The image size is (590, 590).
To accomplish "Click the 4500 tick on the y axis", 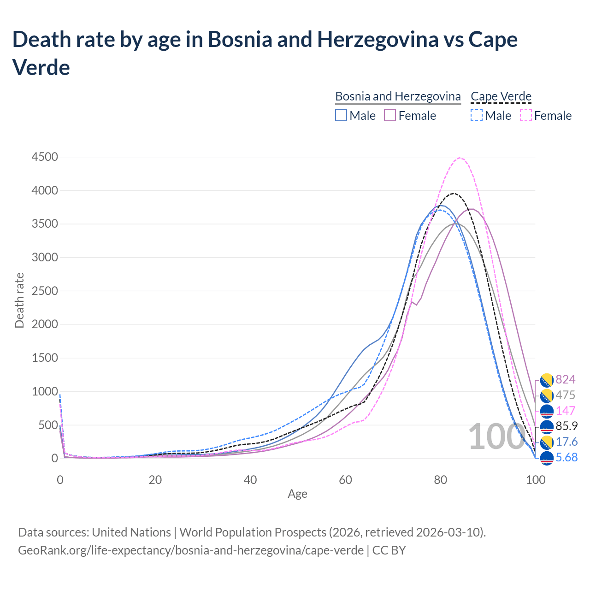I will tap(45, 157).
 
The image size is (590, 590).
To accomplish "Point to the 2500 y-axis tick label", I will tap(45, 291).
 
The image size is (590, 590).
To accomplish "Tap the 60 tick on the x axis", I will tap(345, 480).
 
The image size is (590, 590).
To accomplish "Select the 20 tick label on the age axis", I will tap(155, 480).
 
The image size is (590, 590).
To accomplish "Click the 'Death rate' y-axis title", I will tap(19, 301).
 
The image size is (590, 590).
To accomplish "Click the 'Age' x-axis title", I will tap(297, 494).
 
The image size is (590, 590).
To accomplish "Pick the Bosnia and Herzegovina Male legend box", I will tap(341, 115).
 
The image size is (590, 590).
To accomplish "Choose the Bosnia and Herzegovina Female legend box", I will tap(390, 115).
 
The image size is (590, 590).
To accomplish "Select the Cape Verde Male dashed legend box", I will tap(477, 115).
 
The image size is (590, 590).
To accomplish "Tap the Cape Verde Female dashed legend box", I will tap(526, 115).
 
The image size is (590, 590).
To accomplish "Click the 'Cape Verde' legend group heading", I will tap(501, 96).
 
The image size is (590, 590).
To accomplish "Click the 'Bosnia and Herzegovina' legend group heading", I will tap(398, 96).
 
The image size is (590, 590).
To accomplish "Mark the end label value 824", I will tap(566, 379).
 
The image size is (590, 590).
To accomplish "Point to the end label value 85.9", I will tap(566, 426).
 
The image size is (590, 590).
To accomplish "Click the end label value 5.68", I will tap(566, 457).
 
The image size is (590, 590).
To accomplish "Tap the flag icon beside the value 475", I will tap(546, 395).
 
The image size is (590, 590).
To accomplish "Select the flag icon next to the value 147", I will tap(546, 411).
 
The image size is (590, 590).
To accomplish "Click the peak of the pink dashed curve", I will tap(460, 158).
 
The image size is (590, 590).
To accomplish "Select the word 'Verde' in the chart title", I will tap(41, 67).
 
